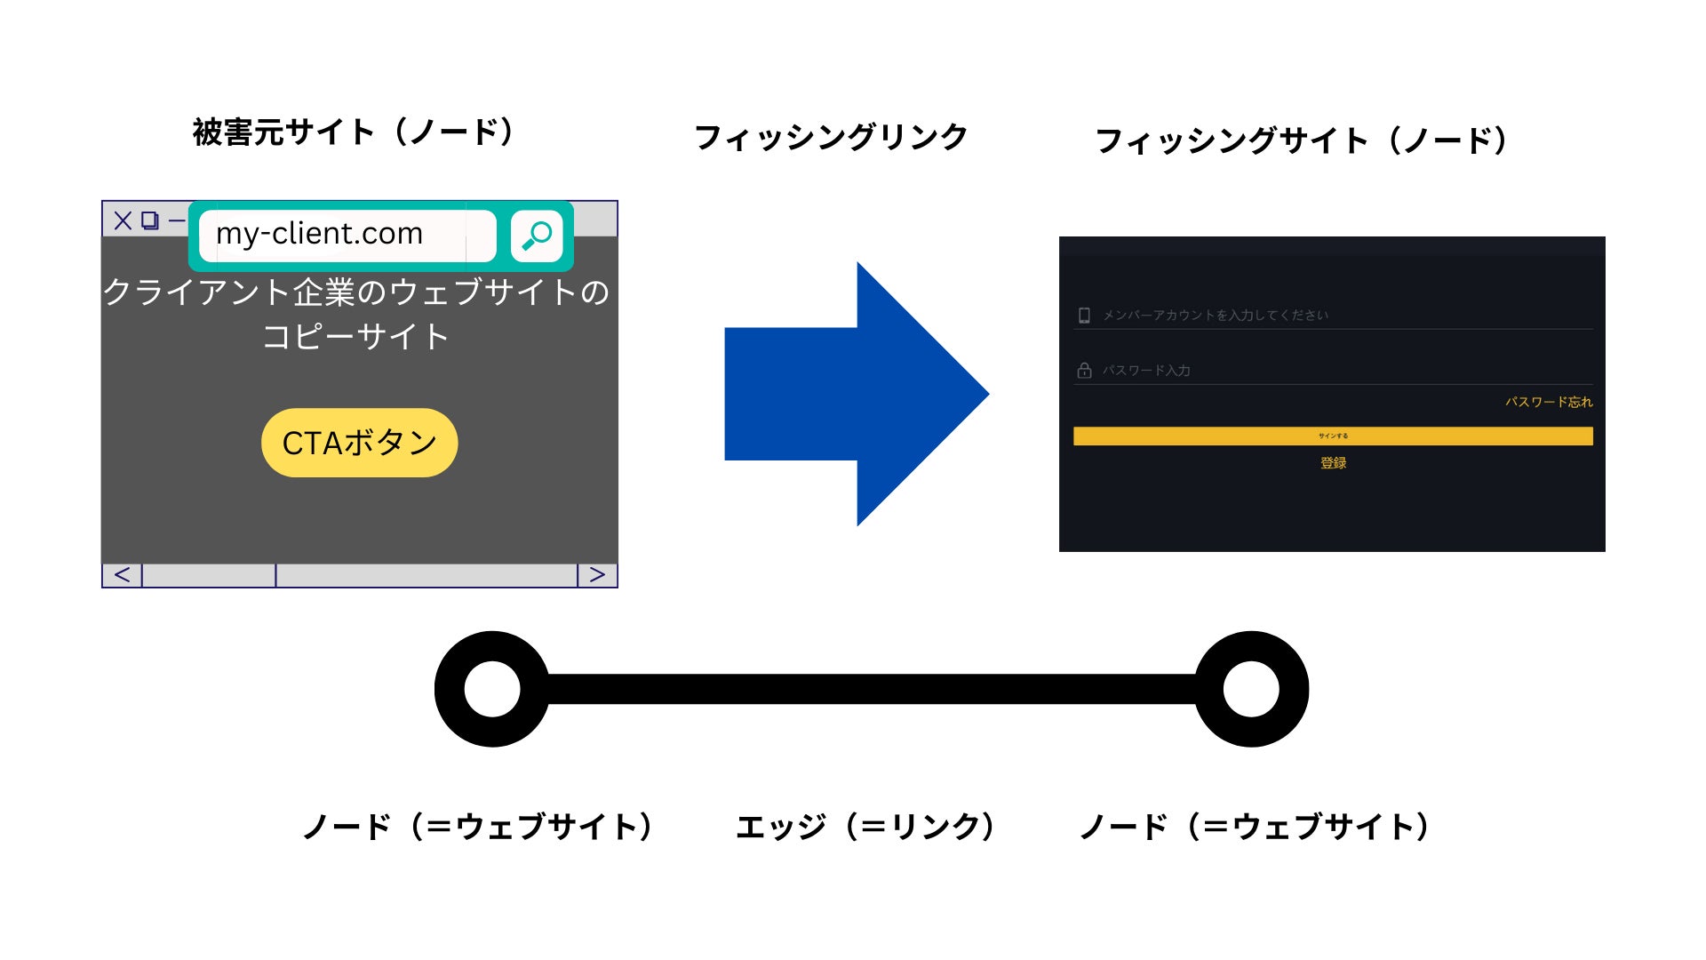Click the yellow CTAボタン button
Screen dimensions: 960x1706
click(x=359, y=443)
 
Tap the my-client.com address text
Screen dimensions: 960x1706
click(x=319, y=234)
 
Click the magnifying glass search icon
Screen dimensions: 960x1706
click(x=537, y=236)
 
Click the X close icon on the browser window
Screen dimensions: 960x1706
click(x=123, y=220)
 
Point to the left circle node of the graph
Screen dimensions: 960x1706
click(x=492, y=689)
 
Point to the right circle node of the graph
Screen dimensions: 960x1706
click(x=1251, y=689)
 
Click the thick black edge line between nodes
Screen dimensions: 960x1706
click(x=871, y=689)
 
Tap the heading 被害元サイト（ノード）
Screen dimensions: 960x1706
click(x=354, y=132)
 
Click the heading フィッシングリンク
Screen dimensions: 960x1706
click(x=830, y=137)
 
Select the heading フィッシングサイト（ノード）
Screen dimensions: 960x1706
click(x=1303, y=140)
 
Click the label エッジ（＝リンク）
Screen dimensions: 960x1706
click(x=866, y=827)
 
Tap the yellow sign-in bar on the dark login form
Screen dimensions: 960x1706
click(x=1333, y=436)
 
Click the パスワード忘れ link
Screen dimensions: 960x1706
click(x=1549, y=402)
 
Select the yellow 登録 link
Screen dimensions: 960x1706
click(x=1333, y=462)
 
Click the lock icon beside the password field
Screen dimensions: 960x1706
click(x=1084, y=371)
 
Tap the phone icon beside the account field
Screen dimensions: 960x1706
click(x=1084, y=316)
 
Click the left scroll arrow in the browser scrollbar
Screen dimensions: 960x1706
click(x=123, y=575)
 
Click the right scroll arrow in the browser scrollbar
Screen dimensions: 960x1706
click(x=597, y=575)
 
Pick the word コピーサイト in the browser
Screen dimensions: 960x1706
click(x=355, y=337)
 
